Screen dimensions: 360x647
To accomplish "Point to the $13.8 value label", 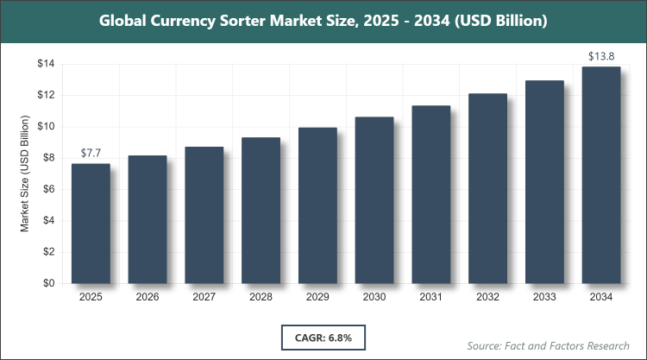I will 600,57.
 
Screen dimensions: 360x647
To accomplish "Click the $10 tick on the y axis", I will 45,127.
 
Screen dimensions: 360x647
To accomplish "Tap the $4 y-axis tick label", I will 48,221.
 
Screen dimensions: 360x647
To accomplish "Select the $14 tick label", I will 45,64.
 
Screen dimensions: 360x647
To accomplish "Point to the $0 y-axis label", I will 48,283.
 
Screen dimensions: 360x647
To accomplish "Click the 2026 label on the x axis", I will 148,297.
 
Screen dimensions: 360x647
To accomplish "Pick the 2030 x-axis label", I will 374,297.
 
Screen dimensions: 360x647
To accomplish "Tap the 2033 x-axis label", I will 543,297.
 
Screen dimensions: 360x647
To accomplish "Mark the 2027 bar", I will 204,215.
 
